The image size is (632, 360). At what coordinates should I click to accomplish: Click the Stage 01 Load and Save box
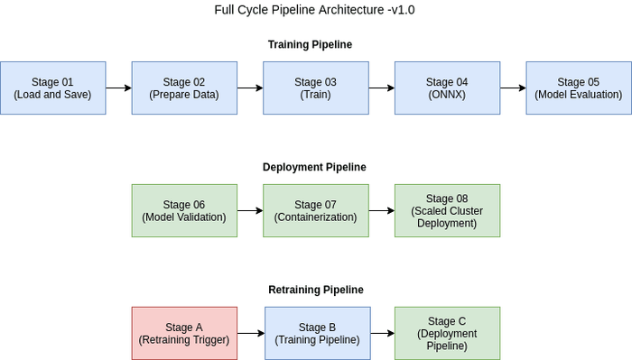(52, 88)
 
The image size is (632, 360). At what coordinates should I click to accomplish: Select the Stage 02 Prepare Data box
(184, 88)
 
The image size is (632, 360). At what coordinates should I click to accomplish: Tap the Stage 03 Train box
(316, 88)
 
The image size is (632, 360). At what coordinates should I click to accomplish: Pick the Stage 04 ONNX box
(447, 88)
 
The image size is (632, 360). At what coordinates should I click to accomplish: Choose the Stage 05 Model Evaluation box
(579, 88)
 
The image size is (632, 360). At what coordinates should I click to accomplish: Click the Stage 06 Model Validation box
(184, 210)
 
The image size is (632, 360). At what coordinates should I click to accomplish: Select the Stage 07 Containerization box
(316, 210)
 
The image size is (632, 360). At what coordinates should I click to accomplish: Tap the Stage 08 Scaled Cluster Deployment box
(447, 210)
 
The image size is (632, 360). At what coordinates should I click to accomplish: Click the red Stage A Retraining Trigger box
(184, 333)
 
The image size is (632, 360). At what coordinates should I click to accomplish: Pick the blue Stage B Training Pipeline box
(317, 333)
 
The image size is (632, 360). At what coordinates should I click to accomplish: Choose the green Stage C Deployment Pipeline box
(447, 333)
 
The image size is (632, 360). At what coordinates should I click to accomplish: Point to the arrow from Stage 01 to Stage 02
(118, 88)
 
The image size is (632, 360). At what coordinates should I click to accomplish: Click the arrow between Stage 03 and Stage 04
(382, 88)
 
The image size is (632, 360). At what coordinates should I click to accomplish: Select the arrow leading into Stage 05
(513, 88)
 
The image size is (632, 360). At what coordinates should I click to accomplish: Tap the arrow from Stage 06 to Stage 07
(250, 210)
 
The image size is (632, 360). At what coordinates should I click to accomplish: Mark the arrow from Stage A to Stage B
(250, 333)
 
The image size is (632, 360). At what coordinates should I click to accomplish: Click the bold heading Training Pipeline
(310, 44)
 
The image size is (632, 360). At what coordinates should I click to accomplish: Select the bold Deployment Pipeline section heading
(314, 167)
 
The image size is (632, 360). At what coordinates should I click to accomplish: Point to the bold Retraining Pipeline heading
(316, 290)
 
